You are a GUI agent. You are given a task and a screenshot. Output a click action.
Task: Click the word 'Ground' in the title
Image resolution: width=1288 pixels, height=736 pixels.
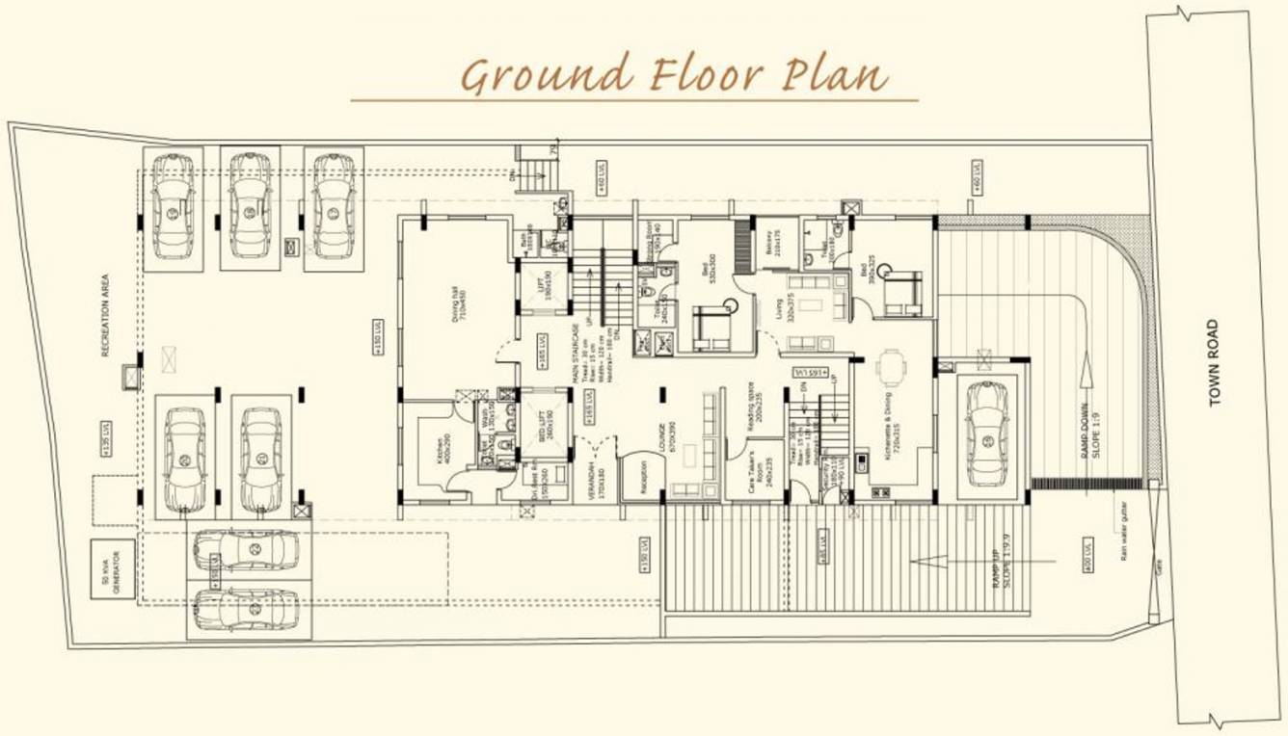coord(546,75)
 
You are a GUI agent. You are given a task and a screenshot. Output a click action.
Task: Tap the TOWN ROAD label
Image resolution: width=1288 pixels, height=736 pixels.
coord(1214,363)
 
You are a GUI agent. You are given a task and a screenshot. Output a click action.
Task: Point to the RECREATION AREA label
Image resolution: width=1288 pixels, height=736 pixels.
coord(105,315)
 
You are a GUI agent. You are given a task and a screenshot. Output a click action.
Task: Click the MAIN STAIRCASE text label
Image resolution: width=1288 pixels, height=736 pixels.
coord(577,353)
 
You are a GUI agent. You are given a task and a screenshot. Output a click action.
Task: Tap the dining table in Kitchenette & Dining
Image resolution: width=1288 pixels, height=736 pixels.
coord(892,367)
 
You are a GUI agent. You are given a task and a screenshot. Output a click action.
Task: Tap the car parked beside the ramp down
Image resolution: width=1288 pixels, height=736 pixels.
coord(985,433)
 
